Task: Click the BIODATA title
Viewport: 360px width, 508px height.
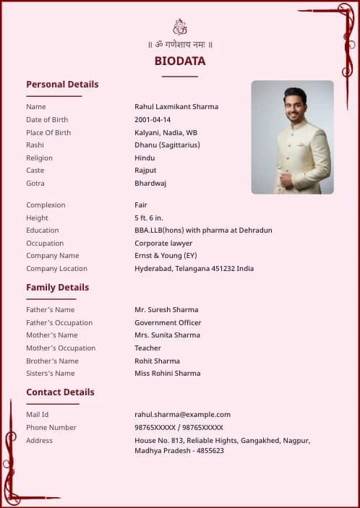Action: click(x=179, y=61)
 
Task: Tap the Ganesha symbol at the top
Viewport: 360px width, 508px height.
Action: click(x=180, y=27)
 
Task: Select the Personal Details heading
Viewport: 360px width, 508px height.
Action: click(x=62, y=85)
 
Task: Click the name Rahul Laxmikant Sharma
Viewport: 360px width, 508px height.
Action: click(x=176, y=107)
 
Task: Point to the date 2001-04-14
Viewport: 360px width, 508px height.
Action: click(x=153, y=120)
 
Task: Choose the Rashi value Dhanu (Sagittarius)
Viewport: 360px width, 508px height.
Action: click(x=167, y=145)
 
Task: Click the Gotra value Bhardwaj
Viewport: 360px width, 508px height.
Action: click(x=150, y=184)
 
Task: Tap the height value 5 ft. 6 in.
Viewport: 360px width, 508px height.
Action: click(x=149, y=218)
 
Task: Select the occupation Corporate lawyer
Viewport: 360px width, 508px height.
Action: click(x=163, y=244)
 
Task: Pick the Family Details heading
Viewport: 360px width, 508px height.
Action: click(x=58, y=288)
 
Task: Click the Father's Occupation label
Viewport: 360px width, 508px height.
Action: click(x=59, y=323)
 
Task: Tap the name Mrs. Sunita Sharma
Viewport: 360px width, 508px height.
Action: click(x=167, y=335)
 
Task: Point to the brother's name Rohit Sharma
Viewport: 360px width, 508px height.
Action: click(x=157, y=361)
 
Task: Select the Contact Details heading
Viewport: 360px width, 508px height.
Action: click(x=60, y=392)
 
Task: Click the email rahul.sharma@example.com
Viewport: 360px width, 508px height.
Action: click(x=182, y=415)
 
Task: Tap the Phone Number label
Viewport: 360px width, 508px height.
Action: click(x=51, y=428)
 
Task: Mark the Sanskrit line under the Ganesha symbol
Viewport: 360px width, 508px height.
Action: click(x=180, y=45)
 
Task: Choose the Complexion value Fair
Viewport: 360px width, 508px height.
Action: click(x=141, y=205)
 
